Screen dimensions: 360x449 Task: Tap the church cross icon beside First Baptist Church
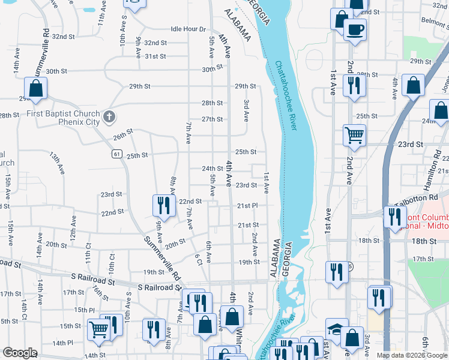[x=109, y=116]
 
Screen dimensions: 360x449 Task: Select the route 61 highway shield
[x=117, y=154]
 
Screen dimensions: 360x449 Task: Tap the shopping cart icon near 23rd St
[x=354, y=134]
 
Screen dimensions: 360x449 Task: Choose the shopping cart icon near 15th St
[x=99, y=329]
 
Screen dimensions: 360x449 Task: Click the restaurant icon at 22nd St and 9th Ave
[x=164, y=205]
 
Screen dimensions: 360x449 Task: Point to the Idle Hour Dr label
[x=188, y=29]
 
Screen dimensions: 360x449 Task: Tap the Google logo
[x=19, y=353]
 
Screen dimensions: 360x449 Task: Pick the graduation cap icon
[x=337, y=328]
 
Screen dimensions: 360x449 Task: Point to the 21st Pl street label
[x=247, y=206]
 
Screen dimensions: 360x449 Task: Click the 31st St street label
[x=155, y=56]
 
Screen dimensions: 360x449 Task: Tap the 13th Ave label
[x=57, y=163]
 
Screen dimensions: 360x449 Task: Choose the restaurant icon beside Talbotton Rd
[x=395, y=217]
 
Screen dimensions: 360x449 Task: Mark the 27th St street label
[x=212, y=119]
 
